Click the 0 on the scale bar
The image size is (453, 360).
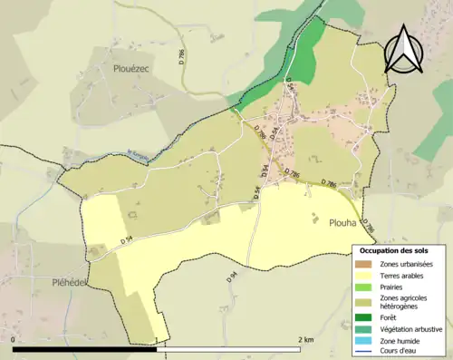tap(14, 338)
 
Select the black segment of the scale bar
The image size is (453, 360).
tap(85, 348)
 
